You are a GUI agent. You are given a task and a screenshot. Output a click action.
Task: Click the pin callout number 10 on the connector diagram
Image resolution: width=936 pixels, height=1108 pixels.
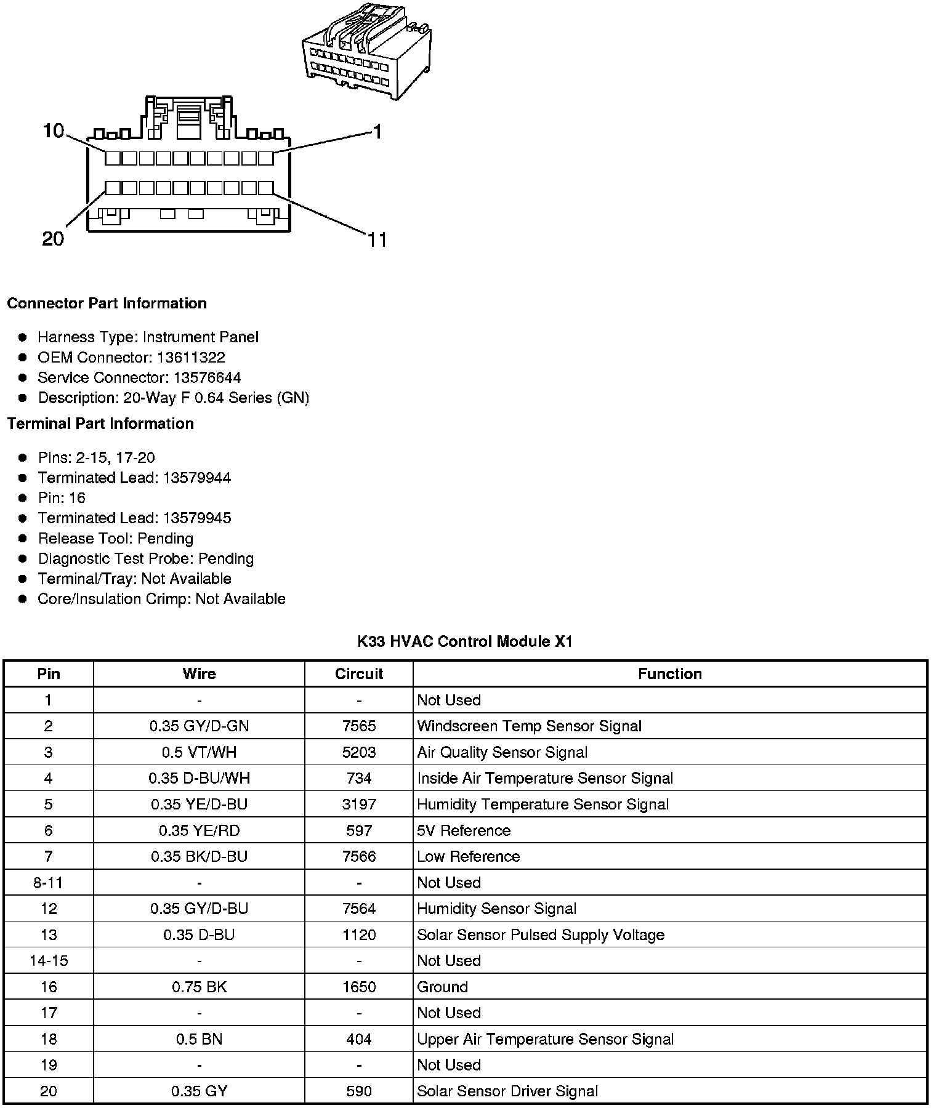click(54, 130)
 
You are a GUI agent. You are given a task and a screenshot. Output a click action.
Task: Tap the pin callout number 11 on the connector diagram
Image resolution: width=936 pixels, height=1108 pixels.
click(377, 240)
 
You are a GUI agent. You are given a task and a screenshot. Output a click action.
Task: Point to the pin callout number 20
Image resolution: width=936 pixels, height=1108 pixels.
click(53, 239)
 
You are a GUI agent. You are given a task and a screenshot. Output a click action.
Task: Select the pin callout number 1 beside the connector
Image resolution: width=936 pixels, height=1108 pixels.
click(377, 132)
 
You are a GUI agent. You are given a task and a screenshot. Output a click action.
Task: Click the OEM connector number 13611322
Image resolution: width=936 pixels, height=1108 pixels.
click(191, 358)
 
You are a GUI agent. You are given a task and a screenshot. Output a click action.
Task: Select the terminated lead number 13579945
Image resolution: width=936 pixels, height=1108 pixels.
click(197, 518)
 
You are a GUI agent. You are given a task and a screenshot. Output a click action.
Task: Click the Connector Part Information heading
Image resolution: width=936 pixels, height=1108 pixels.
click(107, 303)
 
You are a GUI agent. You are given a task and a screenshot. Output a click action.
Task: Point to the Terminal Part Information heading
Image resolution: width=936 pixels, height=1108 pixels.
click(100, 424)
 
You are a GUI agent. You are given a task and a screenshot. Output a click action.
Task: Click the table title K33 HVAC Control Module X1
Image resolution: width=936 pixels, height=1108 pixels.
click(465, 642)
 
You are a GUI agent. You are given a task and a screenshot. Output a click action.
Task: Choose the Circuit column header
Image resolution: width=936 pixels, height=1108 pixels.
click(359, 674)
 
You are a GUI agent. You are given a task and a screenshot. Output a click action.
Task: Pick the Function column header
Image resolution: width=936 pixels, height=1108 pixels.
click(669, 674)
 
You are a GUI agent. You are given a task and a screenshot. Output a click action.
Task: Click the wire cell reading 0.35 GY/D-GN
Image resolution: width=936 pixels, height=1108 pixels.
click(199, 726)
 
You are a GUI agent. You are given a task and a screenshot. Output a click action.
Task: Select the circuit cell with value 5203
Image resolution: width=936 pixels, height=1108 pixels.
click(359, 753)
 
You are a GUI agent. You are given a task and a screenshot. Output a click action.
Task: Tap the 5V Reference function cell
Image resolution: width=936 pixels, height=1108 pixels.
click(464, 831)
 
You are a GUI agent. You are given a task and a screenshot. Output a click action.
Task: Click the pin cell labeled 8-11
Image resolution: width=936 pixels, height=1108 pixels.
click(48, 883)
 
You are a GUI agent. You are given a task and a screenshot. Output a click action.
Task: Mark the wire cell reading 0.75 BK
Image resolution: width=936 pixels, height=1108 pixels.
click(199, 987)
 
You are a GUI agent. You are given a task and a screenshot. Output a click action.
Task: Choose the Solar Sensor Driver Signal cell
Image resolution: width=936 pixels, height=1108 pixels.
click(507, 1092)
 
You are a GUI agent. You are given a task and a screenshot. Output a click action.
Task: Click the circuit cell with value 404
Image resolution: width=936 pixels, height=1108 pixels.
click(359, 1040)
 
